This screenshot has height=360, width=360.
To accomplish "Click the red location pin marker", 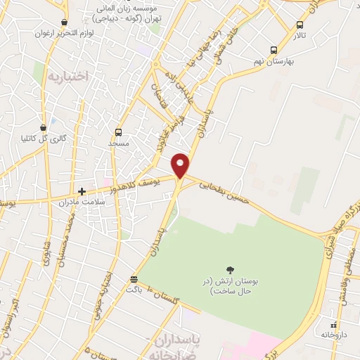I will (x=181, y=165).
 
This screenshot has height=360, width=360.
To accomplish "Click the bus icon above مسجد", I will (x=118, y=131).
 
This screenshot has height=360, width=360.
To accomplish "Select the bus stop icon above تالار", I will (x=300, y=25).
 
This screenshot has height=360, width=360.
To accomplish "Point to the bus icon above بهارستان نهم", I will (x=274, y=50).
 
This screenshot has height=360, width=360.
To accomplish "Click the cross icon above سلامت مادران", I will (x=82, y=191).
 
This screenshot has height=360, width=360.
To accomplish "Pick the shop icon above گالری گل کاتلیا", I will (x=44, y=127).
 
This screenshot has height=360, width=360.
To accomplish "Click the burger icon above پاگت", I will (x=134, y=278).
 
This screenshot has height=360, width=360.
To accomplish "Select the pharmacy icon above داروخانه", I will (x=334, y=325).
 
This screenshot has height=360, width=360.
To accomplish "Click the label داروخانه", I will (x=335, y=335).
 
